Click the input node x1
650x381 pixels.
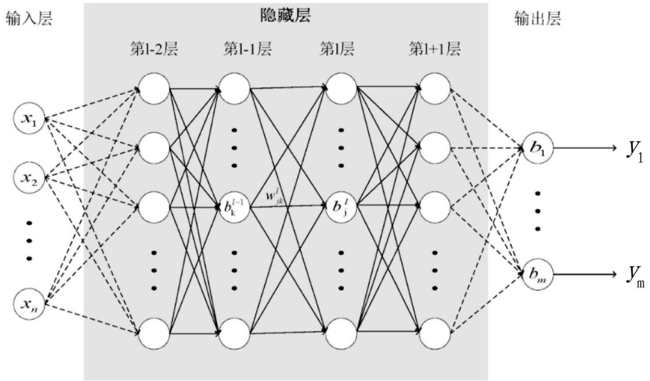click(29, 120)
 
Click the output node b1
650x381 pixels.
click(538, 148)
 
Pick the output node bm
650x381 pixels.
click(538, 275)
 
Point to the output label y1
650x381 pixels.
click(634, 150)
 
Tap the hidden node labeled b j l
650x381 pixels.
click(342, 206)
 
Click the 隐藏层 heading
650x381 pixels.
click(286, 16)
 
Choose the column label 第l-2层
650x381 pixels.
click(153, 49)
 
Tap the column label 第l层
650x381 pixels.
click(337, 49)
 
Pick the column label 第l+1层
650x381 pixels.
click(434, 49)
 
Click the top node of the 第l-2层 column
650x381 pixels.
click(154, 89)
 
